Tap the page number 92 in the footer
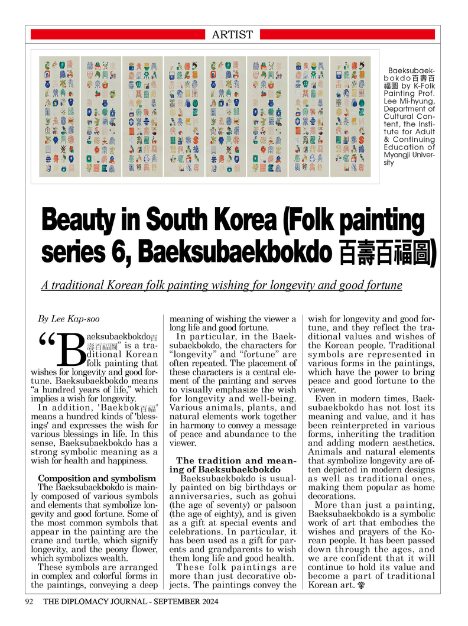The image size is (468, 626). [x=28, y=602]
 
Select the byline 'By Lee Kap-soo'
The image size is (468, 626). [x=69, y=319]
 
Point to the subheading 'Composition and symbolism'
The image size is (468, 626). [x=97, y=478]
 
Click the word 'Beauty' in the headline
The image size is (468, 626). [x=75, y=223]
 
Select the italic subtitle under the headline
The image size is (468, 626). [x=222, y=286]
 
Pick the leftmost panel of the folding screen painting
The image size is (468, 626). [x=59, y=116]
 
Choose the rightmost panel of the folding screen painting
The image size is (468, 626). [x=350, y=116]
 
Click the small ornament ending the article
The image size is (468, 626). [x=360, y=586]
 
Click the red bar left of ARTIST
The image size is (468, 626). [x=117, y=35]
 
